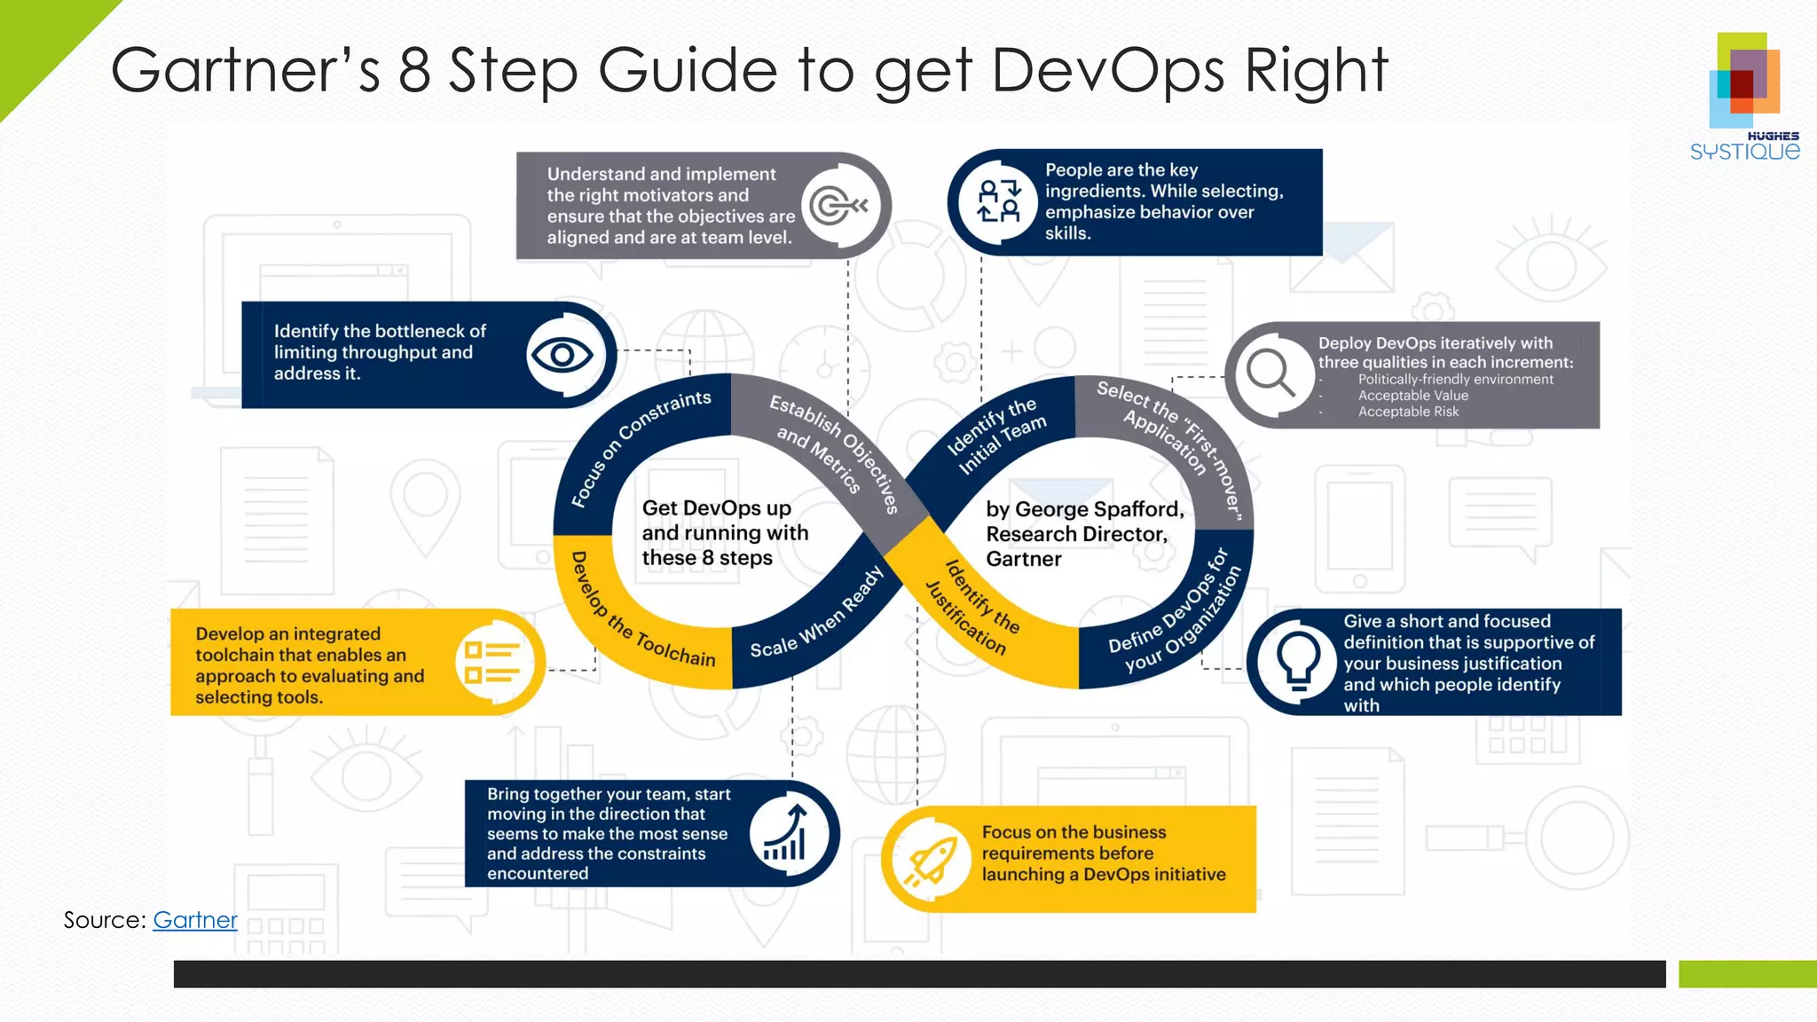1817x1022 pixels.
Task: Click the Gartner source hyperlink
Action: click(195, 920)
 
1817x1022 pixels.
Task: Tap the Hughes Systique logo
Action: click(1745, 97)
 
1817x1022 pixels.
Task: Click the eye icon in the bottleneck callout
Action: click(562, 356)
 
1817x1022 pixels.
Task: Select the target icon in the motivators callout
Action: click(837, 206)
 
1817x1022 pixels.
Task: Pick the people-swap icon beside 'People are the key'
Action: click(999, 201)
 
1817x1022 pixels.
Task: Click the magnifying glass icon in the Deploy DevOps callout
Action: click(1270, 373)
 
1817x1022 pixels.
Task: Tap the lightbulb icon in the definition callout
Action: click(1298, 662)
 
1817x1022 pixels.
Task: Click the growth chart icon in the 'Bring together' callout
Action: click(785, 833)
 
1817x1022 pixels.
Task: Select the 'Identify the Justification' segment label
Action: click(972, 609)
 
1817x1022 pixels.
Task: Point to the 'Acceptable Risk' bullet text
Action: click(1408, 412)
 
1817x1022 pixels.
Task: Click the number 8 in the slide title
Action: click(414, 70)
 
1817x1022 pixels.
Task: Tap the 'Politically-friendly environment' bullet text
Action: click(1455, 380)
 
